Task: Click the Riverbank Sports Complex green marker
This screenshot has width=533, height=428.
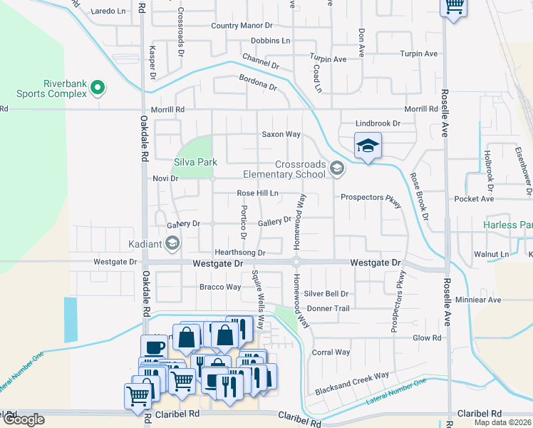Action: [98, 89]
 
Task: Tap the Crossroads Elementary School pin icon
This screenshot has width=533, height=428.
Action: [337, 168]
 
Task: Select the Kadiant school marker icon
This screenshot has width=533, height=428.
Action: [172, 245]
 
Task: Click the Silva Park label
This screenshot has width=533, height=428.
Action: [196, 162]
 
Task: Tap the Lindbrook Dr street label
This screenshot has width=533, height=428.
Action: [378, 123]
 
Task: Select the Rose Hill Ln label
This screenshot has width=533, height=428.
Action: [257, 193]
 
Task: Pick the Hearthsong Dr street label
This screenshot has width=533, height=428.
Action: [241, 253]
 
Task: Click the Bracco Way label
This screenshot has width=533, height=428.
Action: [220, 287]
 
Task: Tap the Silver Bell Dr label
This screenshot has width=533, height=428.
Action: [326, 293]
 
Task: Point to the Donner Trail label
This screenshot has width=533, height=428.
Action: [328, 308]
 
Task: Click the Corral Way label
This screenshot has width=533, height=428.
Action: [331, 352]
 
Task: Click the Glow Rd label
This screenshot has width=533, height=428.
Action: [428, 337]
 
